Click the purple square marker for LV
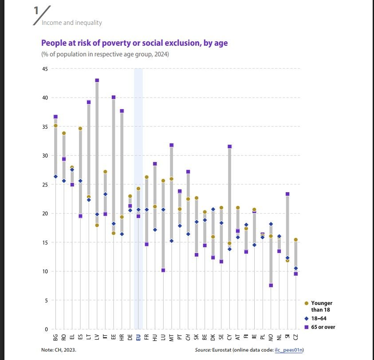coord(97,80)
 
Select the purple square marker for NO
coord(271,285)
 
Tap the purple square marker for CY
coord(229,146)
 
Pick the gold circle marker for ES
coord(80,129)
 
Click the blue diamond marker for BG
coord(55,177)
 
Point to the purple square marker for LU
coord(163,270)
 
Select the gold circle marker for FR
coord(146,177)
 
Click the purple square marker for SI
coord(287,194)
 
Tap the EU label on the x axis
coord(138,338)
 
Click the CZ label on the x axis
coord(296,338)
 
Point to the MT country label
coord(172,338)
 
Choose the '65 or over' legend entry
coord(323,327)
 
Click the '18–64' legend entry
coord(319,318)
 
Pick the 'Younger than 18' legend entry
coord(322,306)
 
